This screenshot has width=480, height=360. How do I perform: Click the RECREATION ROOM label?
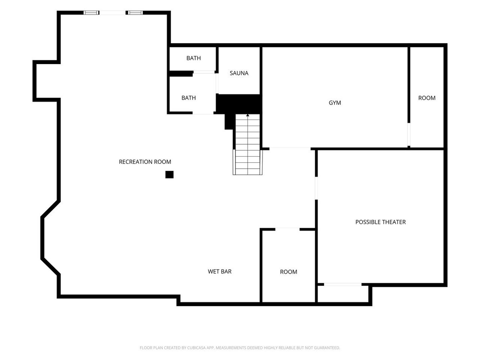(x=145, y=162)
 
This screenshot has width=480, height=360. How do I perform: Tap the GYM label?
(x=334, y=102)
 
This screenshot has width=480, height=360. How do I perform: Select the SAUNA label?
(x=239, y=73)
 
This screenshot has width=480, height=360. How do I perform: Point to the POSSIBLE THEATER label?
(x=380, y=222)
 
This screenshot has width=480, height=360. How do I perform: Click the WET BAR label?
(x=219, y=271)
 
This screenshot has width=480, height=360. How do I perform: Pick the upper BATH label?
(x=193, y=58)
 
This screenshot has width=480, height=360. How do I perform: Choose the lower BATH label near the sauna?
(x=189, y=98)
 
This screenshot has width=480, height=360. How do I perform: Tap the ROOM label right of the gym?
(x=427, y=98)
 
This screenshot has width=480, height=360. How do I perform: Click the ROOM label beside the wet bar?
(x=288, y=272)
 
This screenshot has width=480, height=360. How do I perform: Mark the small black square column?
(x=169, y=174)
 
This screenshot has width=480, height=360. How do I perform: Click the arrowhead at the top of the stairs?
(x=247, y=115)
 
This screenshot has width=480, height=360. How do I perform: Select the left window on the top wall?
(x=91, y=13)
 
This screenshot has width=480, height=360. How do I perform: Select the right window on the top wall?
(x=135, y=13)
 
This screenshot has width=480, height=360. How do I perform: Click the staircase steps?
(x=247, y=144)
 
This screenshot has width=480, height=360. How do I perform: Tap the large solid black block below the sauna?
(x=239, y=104)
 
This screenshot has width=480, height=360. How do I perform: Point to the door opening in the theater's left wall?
(x=316, y=188)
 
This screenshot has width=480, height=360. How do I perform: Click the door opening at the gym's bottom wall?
(x=290, y=149)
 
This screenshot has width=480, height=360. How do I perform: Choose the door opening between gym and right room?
(x=409, y=134)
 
